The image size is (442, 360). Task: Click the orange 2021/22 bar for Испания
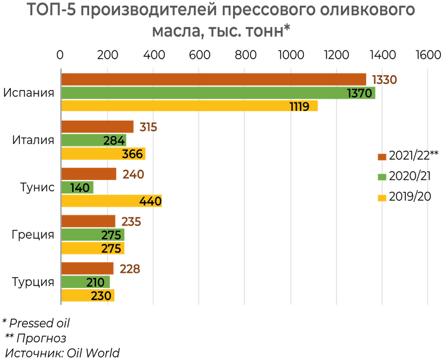(213, 79)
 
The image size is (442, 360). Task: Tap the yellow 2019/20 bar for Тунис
(111, 201)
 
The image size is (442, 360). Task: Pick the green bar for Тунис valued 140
(77, 188)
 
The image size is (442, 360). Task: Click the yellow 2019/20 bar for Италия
(103, 153)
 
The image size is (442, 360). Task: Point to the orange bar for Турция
(87, 268)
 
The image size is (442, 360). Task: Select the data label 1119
(299, 107)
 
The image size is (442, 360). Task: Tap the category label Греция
(33, 234)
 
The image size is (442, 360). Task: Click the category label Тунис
(37, 187)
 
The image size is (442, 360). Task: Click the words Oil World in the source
(94, 352)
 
